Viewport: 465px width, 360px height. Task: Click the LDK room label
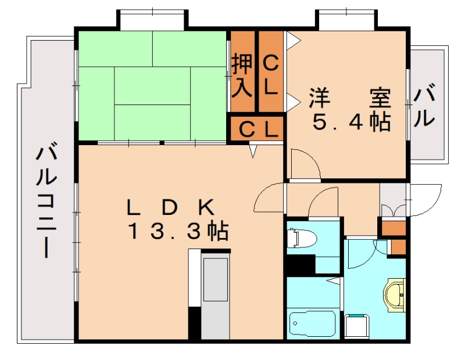172,207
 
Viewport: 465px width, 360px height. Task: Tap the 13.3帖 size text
178,232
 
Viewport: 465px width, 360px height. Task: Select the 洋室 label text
349,97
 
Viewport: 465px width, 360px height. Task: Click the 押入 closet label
242,75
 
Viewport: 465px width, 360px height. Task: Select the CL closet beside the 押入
271,74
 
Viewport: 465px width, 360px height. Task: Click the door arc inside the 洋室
303,164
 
